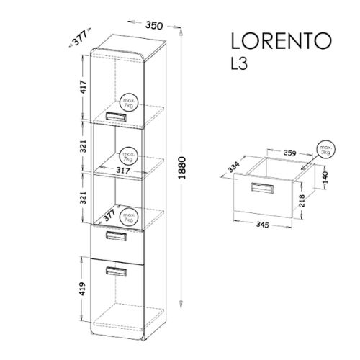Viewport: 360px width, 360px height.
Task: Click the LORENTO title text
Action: pos(282,41)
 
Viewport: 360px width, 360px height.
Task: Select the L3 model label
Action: pos(239,64)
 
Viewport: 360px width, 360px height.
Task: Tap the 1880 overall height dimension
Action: pos(183,168)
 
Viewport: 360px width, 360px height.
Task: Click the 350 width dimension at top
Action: pos(154,25)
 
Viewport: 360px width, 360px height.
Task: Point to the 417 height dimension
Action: pos(83,87)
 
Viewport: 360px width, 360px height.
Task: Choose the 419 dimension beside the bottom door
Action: pos(82,289)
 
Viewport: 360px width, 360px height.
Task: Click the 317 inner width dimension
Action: pos(123,170)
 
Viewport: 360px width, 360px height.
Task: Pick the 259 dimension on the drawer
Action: pos(289,153)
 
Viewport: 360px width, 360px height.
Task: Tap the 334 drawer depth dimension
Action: pos(233,167)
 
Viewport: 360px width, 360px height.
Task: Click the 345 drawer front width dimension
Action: pos(262,225)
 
